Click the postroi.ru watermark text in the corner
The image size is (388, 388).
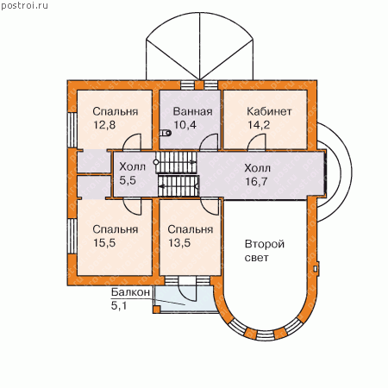point(25,6)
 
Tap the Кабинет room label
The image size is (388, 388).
point(269,111)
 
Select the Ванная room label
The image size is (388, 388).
point(193,111)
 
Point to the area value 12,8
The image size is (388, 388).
point(104,125)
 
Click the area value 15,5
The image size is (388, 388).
point(104,243)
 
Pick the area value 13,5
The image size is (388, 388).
point(179,243)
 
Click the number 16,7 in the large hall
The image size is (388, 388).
point(256,181)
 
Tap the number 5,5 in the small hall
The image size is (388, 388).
point(128,180)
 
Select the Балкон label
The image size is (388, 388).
point(130,292)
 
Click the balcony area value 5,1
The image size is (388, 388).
point(119,305)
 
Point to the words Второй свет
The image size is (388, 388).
point(265,251)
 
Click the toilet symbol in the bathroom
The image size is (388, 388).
point(166,133)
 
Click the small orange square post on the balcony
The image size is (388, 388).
point(156,310)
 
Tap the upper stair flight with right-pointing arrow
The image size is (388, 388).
point(176,162)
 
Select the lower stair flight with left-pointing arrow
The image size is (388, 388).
point(178,186)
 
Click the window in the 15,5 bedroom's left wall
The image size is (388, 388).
point(72,236)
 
